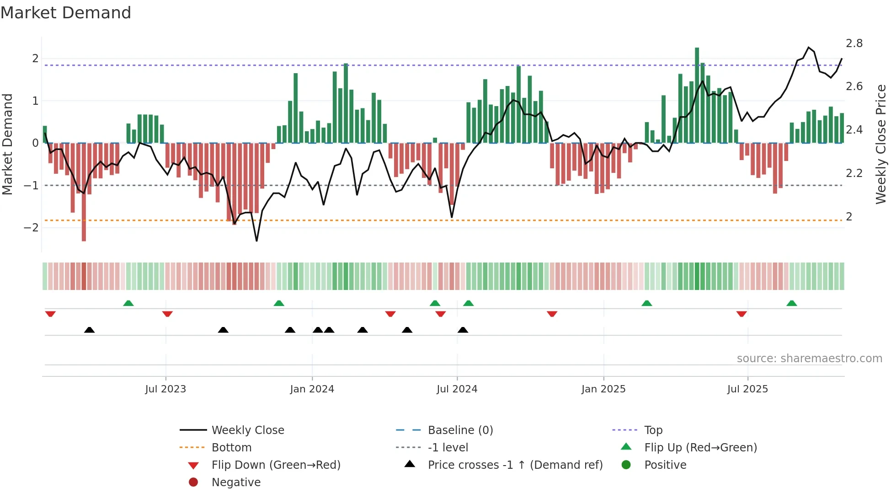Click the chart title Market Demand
point(66,13)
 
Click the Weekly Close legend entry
point(247,430)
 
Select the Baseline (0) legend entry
point(460,430)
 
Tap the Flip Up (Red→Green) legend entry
point(700,447)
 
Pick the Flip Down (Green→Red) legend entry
point(276,465)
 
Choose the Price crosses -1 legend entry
point(515,465)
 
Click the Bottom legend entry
point(231,447)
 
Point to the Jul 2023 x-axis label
point(165,389)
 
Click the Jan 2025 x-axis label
point(603,389)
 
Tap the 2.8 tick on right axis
point(854,43)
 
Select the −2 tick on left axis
point(31,227)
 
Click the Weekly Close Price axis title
point(880,144)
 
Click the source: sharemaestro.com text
point(809,358)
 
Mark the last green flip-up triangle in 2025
point(792,303)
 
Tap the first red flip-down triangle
point(50,314)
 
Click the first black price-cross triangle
point(90,330)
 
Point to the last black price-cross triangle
point(463,330)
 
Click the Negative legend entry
point(236,482)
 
